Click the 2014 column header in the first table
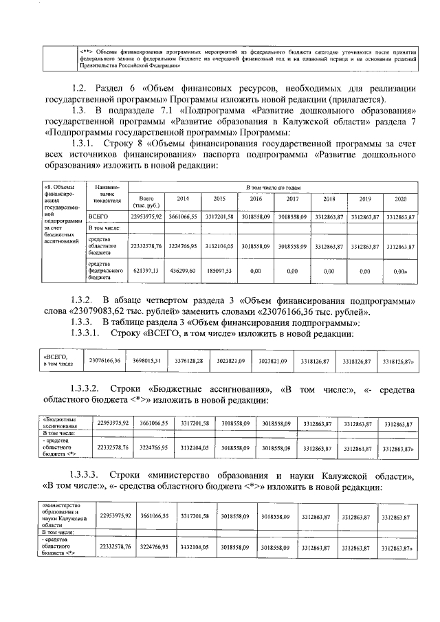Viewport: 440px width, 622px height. (x=183, y=199)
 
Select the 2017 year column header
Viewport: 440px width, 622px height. (x=292, y=199)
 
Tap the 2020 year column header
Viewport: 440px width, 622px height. (x=400, y=199)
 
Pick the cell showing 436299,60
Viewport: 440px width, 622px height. (x=183, y=271)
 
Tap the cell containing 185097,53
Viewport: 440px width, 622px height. (x=219, y=271)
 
